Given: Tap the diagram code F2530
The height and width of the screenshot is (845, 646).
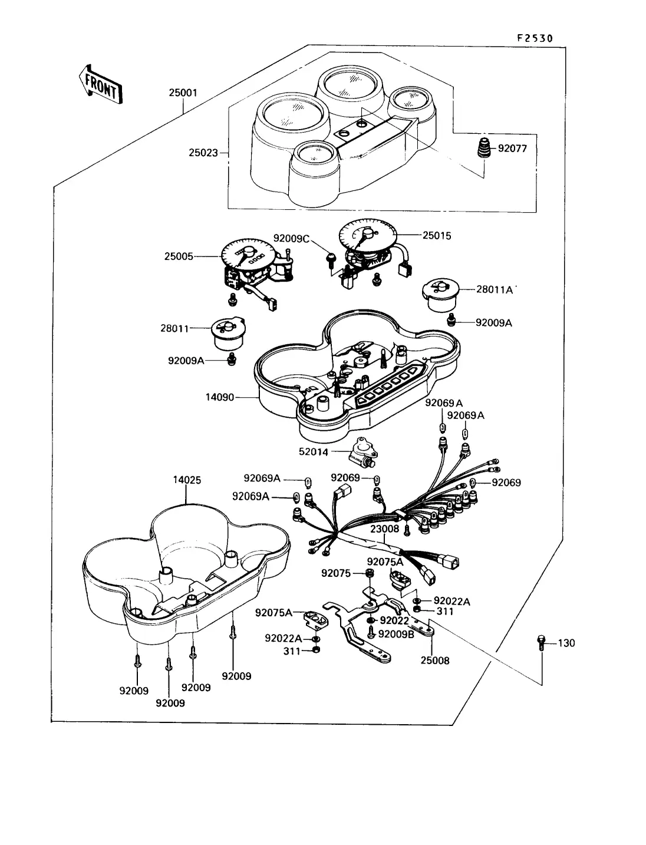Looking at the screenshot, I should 535,38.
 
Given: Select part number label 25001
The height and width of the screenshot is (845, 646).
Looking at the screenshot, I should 183,93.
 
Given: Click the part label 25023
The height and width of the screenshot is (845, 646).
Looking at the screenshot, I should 203,153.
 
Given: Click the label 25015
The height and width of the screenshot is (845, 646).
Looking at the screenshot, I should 437,236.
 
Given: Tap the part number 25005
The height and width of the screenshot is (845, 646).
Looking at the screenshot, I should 179,256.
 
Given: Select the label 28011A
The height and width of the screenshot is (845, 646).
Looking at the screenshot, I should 494,290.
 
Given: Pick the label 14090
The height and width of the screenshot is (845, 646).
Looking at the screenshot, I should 220,397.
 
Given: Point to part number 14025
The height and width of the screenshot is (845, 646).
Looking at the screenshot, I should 187,480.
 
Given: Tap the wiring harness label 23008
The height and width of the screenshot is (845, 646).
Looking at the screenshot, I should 385,529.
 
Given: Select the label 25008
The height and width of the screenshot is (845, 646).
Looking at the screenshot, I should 434,661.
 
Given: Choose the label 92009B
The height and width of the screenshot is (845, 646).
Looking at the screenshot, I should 396,633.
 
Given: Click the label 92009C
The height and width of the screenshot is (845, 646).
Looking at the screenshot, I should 291,239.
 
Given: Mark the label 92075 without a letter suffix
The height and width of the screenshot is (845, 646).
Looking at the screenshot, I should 335,573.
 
